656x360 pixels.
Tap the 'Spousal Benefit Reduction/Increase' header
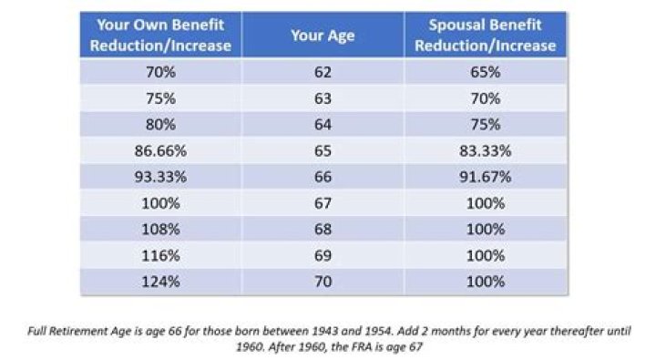tap(486, 36)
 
